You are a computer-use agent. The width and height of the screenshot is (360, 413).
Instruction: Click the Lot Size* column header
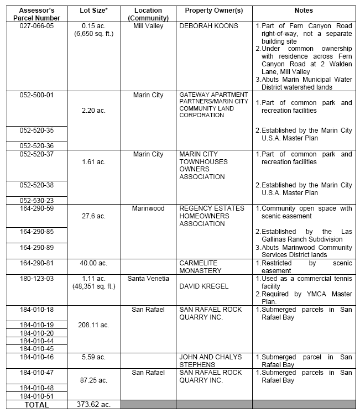93,11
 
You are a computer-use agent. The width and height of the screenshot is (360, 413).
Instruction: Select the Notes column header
304,11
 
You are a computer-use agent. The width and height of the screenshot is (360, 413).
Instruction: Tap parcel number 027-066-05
34,26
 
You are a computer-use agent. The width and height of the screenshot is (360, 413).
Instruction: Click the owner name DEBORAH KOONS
208,26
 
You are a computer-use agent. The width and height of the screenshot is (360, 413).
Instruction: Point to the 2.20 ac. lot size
93,111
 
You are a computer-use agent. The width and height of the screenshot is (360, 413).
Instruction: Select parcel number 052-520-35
34,130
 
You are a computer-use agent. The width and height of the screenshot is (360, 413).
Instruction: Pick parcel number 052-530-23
34,200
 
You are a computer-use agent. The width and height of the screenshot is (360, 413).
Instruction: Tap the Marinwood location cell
148,208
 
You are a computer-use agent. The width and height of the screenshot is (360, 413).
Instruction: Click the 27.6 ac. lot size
93,216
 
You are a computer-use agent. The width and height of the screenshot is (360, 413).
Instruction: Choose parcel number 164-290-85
34,231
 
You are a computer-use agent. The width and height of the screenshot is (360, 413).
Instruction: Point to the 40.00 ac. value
93,263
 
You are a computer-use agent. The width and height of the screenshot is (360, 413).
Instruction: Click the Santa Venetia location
148,279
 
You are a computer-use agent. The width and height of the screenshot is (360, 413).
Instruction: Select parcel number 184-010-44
34,341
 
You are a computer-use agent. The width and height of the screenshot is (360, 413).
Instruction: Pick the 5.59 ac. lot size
93,357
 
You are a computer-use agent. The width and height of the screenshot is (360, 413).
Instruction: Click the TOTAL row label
34,405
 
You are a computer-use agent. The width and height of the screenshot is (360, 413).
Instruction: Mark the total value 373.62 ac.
93,405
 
